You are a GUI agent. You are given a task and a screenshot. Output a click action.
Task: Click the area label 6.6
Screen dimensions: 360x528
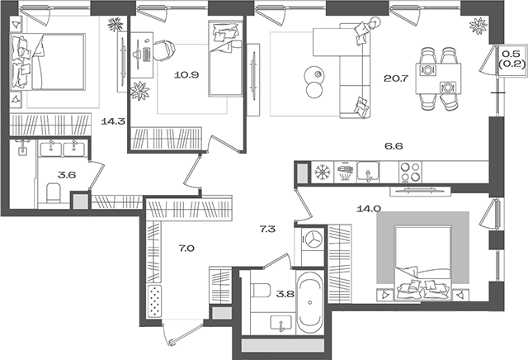point(394,146)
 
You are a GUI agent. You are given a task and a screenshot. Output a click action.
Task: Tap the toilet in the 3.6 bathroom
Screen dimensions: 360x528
point(54,194)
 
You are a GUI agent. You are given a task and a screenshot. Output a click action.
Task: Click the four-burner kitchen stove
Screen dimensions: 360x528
point(410,171)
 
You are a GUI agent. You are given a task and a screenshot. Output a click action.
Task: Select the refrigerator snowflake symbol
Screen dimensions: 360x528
point(321,172)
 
